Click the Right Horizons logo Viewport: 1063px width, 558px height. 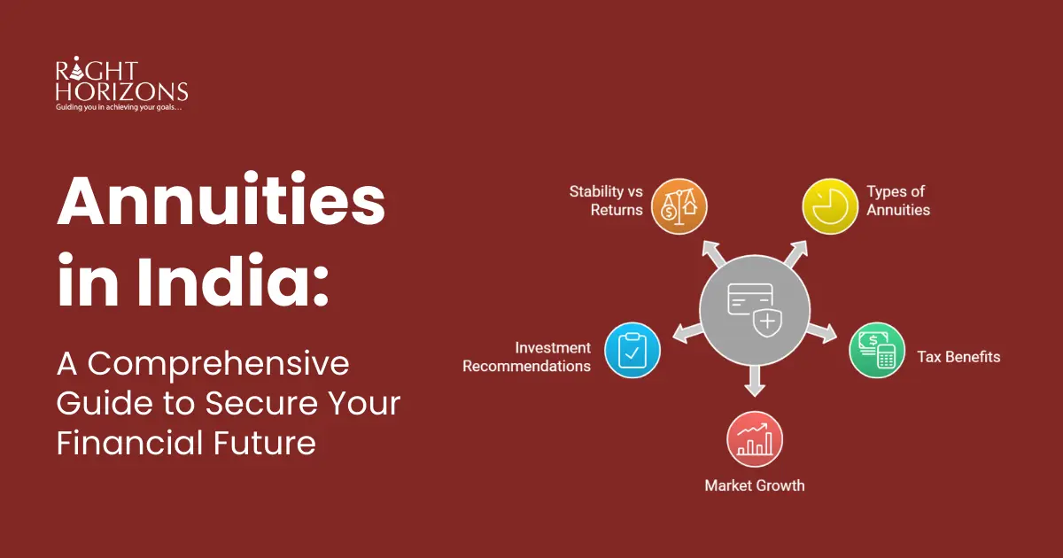click(x=121, y=84)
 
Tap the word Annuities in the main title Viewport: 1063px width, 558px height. click(x=221, y=201)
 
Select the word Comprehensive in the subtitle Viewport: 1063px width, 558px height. click(x=218, y=364)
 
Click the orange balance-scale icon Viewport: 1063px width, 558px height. click(x=679, y=206)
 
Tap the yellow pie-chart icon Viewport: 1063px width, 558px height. click(x=830, y=206)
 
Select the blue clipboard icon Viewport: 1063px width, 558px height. click(x=632, y=351)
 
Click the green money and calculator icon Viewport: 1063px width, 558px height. click(x=877, y=351)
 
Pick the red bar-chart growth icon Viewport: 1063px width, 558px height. click(x=755, y=439)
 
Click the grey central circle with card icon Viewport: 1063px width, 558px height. click(x=755, y=310)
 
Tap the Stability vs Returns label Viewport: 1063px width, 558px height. click(x=606, y=201)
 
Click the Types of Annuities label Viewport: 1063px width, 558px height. click(x=898, y=201)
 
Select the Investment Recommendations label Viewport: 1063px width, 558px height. click(x=527, y=357)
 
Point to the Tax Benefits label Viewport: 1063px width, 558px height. click(x=958, y=357)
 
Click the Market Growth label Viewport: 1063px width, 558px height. click(x=755, y=485)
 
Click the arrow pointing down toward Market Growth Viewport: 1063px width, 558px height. click(x=755, y=381)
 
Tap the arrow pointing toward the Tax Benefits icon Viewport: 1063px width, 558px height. click(x=822, y=332)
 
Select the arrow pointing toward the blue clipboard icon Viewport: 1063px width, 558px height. click(x=687, y=332)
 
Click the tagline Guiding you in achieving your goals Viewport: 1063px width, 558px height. click(x=119, y=107)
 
